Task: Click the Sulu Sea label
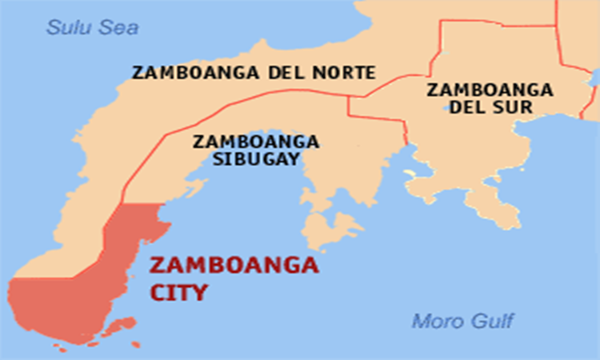coord(92,28)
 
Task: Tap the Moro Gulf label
coord(462,322)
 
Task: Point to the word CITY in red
coord(178,292)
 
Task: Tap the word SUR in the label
coord(516,107)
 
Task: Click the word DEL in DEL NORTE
coord(285,73)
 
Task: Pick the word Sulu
coord(66,28)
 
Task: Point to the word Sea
coord(118,28)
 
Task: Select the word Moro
coord(435,322)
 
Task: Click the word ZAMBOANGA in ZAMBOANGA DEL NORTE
coord(193,73)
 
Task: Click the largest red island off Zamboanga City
coord(122,326)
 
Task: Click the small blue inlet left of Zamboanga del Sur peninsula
coord(411,173)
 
